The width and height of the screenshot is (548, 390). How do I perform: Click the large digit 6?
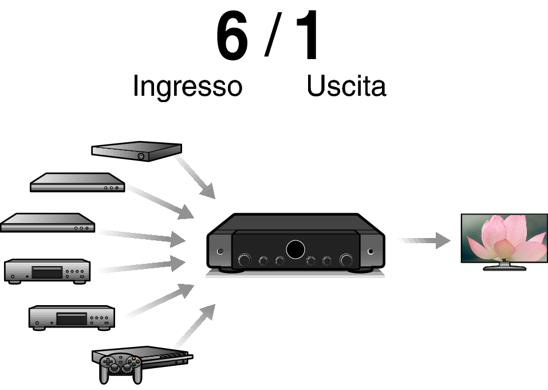232,37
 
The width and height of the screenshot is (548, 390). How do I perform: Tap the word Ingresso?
187,87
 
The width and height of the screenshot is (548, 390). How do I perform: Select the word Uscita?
346,87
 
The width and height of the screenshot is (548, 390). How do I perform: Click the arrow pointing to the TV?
427,240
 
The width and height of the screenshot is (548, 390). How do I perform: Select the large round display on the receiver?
295,249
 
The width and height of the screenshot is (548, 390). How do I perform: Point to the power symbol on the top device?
141,156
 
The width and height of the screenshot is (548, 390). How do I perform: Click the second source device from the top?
77,183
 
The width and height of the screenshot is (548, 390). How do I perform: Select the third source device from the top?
47,223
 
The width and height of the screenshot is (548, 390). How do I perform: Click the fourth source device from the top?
47,270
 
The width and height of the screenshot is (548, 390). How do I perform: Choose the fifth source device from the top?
72,317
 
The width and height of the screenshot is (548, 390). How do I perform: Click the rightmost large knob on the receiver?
346,260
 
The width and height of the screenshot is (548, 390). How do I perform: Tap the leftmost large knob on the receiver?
245,260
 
